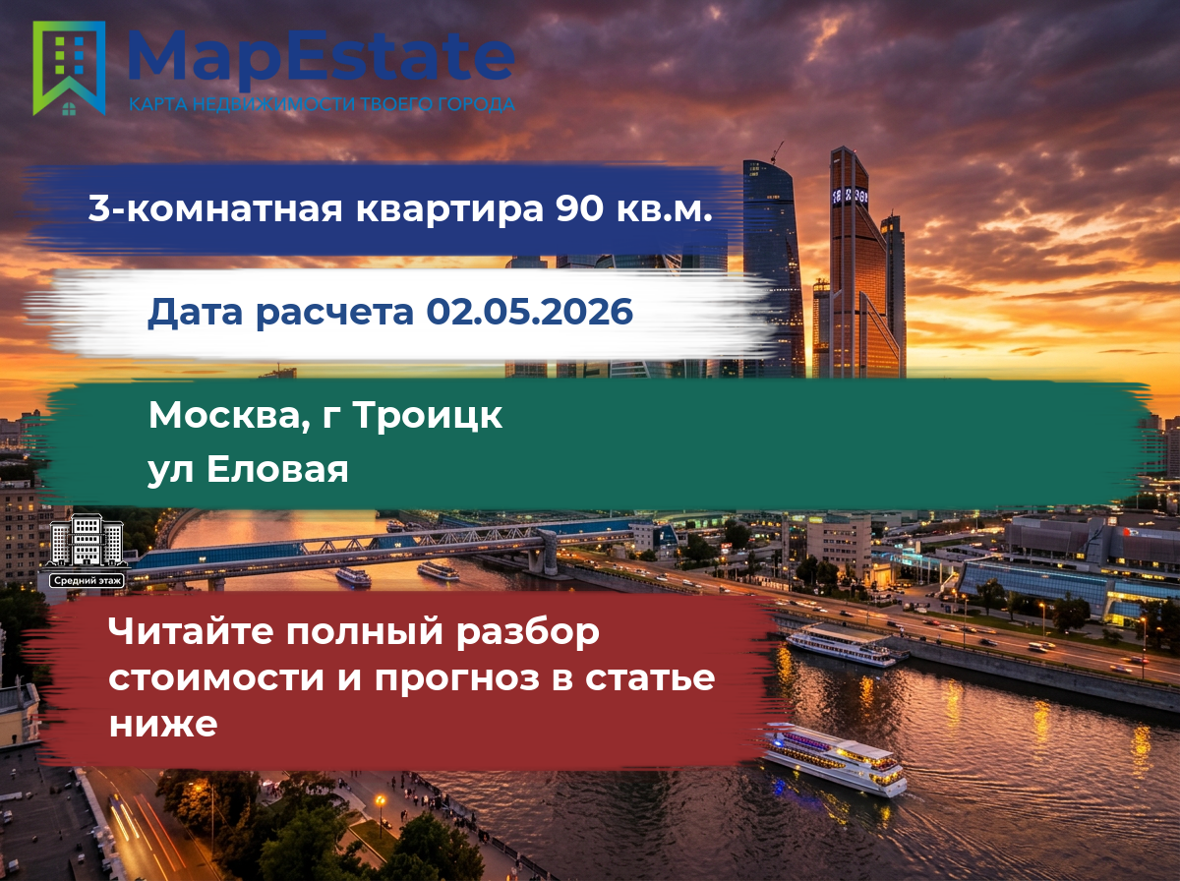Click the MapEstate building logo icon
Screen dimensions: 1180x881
click(69, 68)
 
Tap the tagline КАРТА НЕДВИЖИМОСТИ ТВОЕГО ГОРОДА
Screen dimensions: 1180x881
click(322, 104)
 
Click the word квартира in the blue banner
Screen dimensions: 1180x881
click(449, 209)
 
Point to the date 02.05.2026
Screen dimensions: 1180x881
click(529, 312)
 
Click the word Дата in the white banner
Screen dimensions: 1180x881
click(195, 313)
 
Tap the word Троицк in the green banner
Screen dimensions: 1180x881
click(428, 416)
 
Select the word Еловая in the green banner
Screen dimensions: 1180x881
click(277, 469)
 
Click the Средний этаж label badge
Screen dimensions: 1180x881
click(88, 580)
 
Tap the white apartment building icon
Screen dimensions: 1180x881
click(88, 540)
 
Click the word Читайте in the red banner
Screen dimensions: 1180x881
click(191, 631)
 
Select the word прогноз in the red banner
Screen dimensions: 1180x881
click(457, 679)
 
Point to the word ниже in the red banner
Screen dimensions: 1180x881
click(163, 724)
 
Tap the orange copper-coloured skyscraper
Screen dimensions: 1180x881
click(858, 264)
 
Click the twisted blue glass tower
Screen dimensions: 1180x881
click(773, 268)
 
